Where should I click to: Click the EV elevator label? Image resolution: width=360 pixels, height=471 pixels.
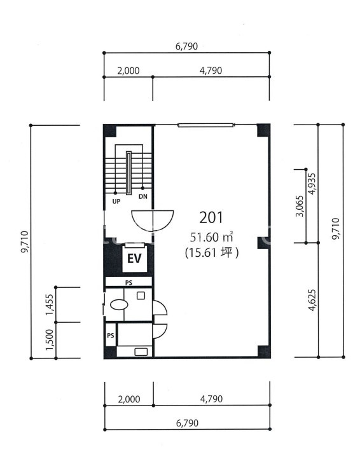[x=134, y=258]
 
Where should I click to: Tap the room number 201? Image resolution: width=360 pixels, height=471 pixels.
[x=211, y=217]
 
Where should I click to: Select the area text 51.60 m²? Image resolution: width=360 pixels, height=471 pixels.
[x=212, y=237]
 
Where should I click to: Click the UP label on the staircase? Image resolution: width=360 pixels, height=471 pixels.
[x=116, y=201]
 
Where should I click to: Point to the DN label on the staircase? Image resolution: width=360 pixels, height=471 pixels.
[x=143, y=197]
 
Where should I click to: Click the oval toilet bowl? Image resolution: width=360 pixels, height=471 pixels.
[x=120, y=304]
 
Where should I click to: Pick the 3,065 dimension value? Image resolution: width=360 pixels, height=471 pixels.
[x=300, y=206]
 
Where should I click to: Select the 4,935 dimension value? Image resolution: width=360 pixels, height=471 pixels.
[x=312, y=184]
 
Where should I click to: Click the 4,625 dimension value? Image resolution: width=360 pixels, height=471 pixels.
[x=312, y=300]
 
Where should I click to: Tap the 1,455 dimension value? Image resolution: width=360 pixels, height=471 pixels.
[x=50, y=304]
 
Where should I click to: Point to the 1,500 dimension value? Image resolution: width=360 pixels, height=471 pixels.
[x=50, y=339]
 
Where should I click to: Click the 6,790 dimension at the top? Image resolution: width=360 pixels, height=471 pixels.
[x=186, y=46]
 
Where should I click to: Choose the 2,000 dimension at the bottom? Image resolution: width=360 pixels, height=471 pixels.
[x=129, y=399]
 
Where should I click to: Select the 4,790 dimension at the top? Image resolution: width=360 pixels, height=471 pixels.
[x=211, y=71]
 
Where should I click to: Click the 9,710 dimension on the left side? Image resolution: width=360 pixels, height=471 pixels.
[x=25, y=242]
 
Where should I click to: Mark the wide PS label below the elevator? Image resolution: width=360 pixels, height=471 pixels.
[x=128, y=283]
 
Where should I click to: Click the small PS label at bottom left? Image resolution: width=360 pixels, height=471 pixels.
[x=111, y=335]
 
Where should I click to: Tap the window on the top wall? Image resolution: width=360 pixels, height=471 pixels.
[x=205, y=125]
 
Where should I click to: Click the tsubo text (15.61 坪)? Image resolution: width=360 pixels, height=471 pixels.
[x=212, y=252]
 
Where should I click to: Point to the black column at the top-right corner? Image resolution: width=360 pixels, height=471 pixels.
[x=263, y=130]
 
